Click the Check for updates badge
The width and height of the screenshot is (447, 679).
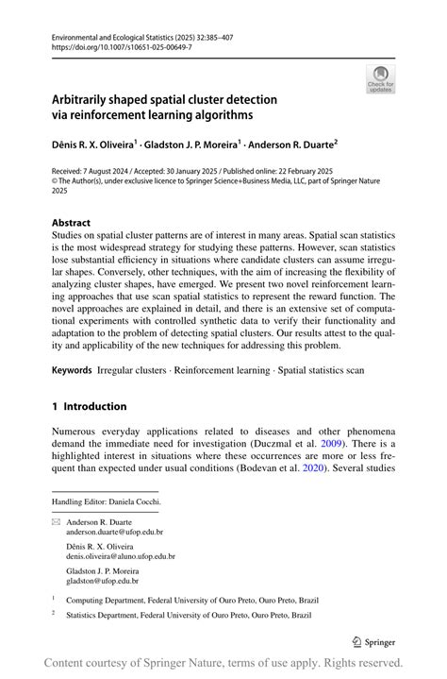pos(380,79)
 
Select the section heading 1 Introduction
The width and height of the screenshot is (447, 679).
pos(90,406)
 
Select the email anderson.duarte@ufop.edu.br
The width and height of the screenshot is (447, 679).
pos(114,532)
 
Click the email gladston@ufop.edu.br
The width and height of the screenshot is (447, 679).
pos(103,581)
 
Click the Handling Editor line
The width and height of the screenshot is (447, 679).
pos(106,501)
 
